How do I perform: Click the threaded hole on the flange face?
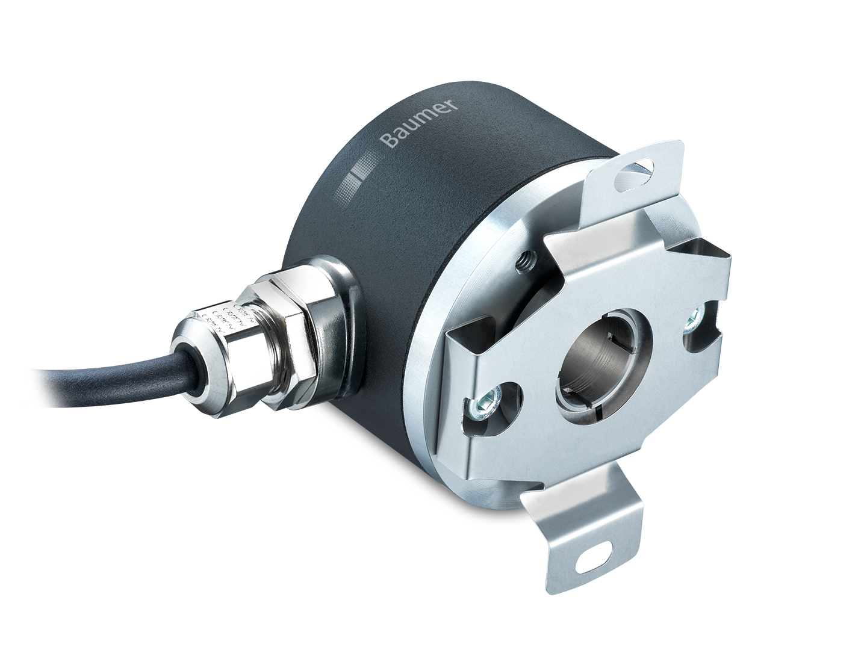526,260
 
